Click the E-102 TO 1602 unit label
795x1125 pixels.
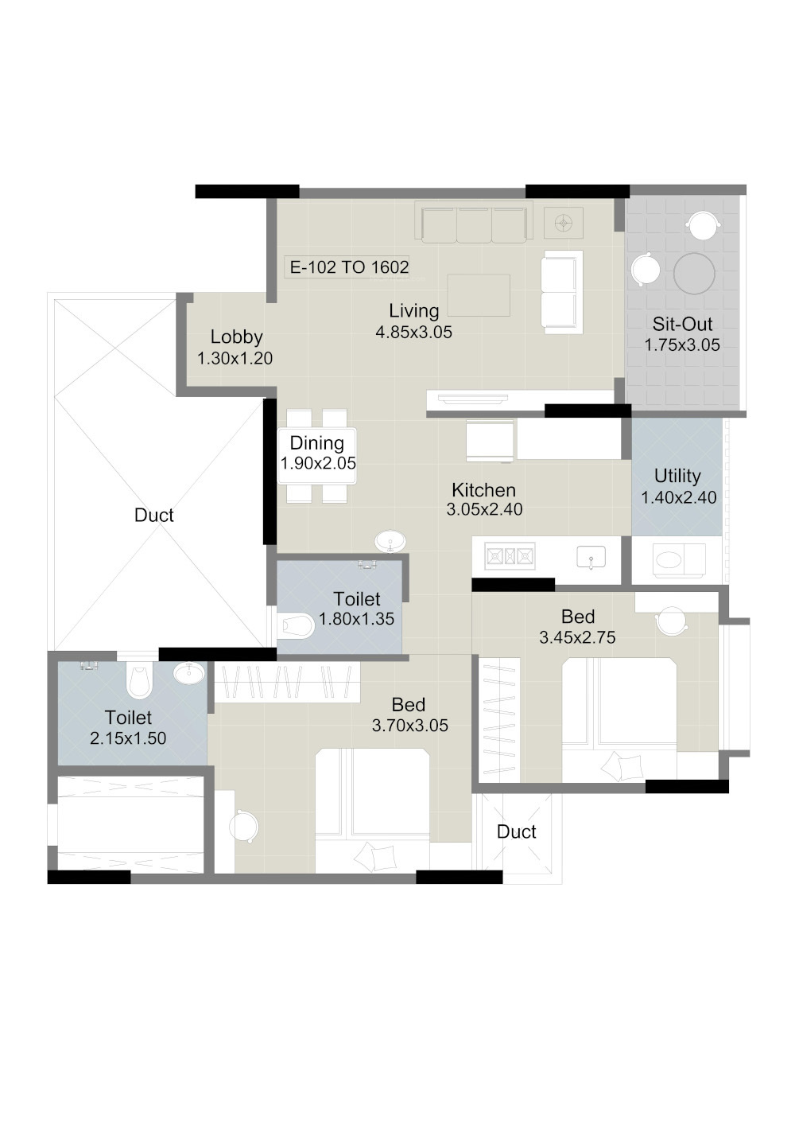[x=349, y=267]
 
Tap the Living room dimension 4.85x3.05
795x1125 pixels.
[x=414, y=332]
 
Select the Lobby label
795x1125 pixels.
[x=236, y=337]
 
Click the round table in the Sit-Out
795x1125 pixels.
[x=694, y=273]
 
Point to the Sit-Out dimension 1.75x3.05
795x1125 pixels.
[x=682, y=345]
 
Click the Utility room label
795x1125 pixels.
[x=677, y=476]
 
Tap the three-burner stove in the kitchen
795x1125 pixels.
[x=510, y=556]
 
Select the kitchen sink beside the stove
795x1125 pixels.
[x=591, y=557]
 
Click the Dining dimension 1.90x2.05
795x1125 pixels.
[x=318, y=463]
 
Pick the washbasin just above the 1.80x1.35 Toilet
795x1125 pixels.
[x=390, y=542]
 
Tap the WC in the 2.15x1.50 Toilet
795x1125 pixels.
[x=140, y=679]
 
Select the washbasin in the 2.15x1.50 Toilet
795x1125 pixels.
[x=189, y=673]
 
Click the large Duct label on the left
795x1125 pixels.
[x=154, y=516]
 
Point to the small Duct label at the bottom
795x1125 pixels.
[x=517, y=831]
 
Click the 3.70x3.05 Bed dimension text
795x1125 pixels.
[x=410, y=726]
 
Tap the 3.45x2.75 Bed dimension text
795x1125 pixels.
[x=577, y=638]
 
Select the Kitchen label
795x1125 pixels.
[x=484, y=489]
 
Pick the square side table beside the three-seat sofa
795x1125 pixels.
[x=564, y=223]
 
